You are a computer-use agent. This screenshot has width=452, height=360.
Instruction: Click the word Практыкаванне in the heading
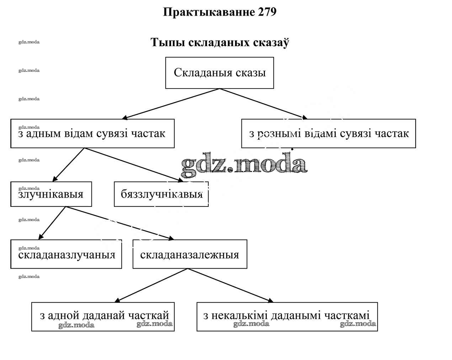coord(208,12)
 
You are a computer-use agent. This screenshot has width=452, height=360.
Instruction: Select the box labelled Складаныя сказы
coord(219,73)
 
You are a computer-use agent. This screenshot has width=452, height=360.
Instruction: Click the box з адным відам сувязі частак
coord(92,134)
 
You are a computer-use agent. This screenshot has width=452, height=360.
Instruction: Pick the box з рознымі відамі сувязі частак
coord(328,134)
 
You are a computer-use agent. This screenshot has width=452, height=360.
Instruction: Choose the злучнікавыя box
coord(51,194)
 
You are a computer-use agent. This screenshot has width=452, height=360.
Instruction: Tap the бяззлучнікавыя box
coord(161,194)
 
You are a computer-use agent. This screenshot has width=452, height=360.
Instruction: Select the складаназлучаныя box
coord(66,254)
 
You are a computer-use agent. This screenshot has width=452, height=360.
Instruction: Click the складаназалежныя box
coord(190,254)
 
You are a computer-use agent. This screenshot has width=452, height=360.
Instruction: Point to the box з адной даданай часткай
coord(103,317)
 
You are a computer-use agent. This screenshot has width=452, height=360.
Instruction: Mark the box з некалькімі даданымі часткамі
coord(287,317)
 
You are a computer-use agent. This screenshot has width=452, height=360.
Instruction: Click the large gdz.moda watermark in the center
coord(244,165)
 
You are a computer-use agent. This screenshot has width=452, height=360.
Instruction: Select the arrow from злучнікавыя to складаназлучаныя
coord(52,223)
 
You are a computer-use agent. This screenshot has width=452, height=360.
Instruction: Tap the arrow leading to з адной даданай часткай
coord(152,285)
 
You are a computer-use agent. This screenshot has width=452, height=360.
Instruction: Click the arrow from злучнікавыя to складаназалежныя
coord(119,223)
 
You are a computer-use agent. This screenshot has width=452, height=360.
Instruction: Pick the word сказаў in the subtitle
coord(271,43)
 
